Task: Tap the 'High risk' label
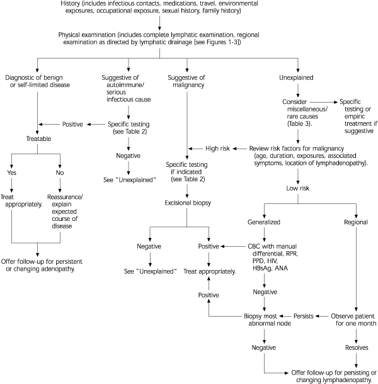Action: [x=218, y=148]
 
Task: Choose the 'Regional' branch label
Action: [x=357, y=222]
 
